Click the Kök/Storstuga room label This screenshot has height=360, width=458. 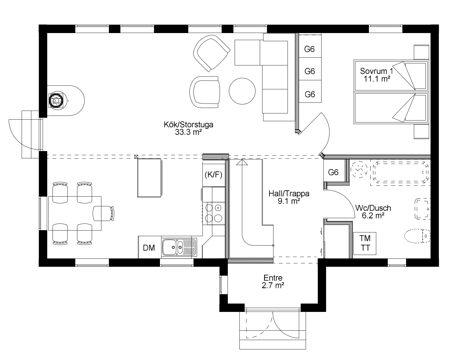(x=188, y=128)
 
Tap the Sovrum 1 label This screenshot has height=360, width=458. (x=377, y=75)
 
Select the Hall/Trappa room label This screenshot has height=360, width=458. (x=289, y=197)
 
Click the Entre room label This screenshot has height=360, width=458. (x=273, y=282)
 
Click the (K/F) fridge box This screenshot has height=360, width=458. (x=214, y=175)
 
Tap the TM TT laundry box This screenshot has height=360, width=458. (x=365, y=243)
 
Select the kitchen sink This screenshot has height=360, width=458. (x=179, y=247)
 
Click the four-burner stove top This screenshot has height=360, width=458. (x=214, y=213)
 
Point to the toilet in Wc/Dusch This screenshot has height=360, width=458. (x=417, y=236)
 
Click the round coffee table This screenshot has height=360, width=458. (x=242, y=91)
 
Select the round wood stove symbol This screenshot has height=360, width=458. (x=56, y=101)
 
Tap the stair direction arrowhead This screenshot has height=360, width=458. (x=242, y=162)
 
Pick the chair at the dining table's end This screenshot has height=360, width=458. (x=103, y=213)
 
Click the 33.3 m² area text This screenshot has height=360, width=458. (x=188, y=132)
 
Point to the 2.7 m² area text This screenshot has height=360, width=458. (x=273, y=285)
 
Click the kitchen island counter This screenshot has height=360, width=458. (x=149, y=178)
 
